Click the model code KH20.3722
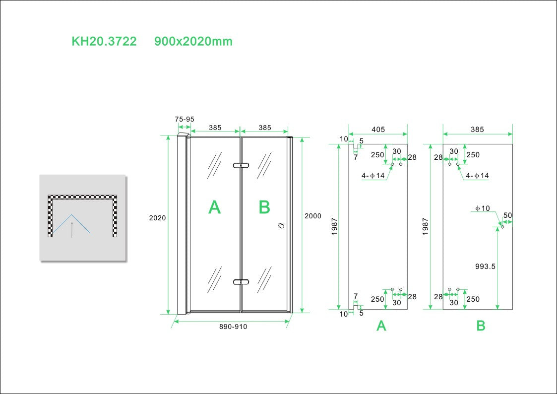pos(104,42)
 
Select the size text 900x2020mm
pos(193,42)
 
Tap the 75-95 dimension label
pos(185,120)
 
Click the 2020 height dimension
pos(157,218)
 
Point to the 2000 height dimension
pos(313,216)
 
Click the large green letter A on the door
pos(214,207)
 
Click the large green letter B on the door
pos(264,207)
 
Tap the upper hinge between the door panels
pos(241,165)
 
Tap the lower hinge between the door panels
pos(241,282)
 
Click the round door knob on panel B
pos(281,226)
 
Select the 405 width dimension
pos(378,130)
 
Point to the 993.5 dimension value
pos(486,266)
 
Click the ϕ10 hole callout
pos(482,208)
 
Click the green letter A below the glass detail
pos(381,326)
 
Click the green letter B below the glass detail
pos(481,326)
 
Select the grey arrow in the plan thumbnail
pos(72,229)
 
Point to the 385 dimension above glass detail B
pos(477,130)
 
